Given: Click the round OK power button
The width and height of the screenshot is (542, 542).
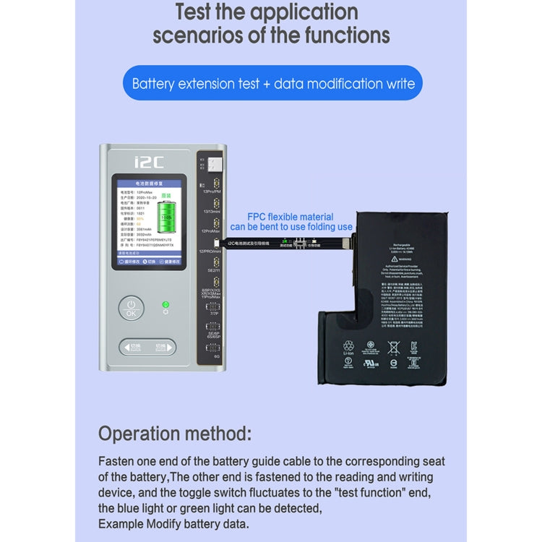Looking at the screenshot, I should coord(131,309).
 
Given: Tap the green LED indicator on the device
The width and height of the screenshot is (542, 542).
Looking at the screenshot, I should coord(165,305).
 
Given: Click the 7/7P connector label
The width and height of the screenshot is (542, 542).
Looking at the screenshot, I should coord(212,313).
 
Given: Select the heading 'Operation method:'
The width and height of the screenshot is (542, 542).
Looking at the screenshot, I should coord(175,434).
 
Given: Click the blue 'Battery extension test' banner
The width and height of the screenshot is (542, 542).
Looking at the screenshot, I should coord(272,83).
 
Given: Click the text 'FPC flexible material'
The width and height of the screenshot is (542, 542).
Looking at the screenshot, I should coord(291,217).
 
